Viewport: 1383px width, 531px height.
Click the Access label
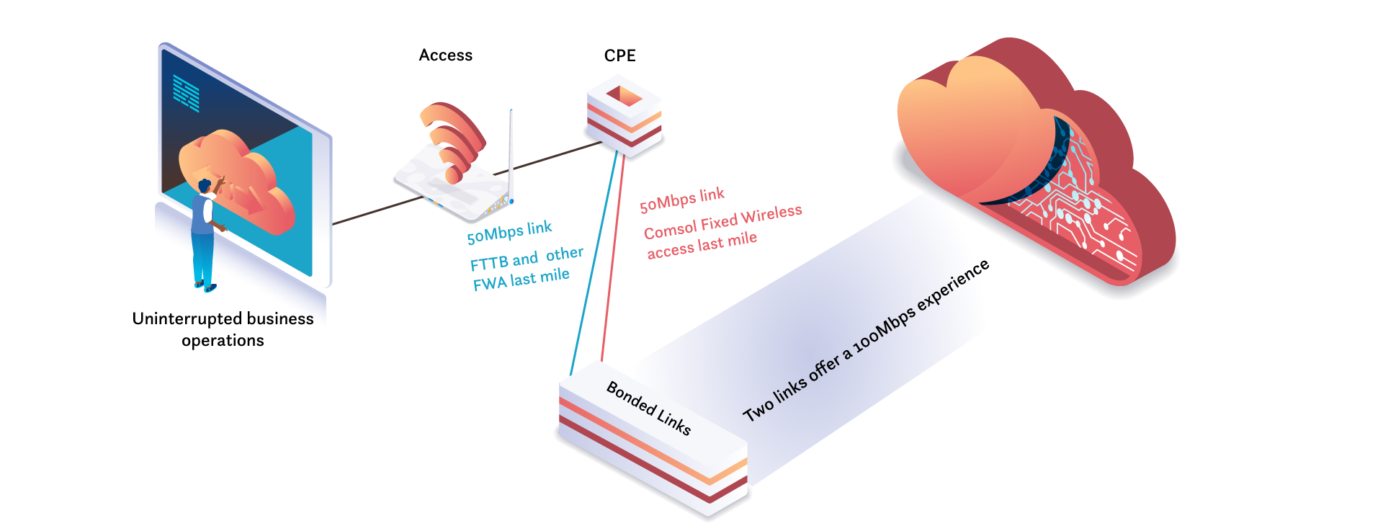[x=445, y=55]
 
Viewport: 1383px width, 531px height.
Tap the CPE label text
[x=619, y=55]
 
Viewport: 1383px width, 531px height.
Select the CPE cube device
[x=624, y=115]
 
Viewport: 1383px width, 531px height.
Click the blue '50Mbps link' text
[x=509, y=233]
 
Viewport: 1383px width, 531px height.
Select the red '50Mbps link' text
[x=681, y=200]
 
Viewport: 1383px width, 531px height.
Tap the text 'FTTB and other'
[x=527, y=258]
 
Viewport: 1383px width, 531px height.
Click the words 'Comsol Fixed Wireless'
[x=722, y=222]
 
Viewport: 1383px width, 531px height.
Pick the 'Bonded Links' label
[x=649, y=408]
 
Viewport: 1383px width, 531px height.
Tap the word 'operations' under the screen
[x=223, y=340]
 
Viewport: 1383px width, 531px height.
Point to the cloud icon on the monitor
[x=238, y=180]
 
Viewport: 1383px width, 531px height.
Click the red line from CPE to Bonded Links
[x=613, y=259]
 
